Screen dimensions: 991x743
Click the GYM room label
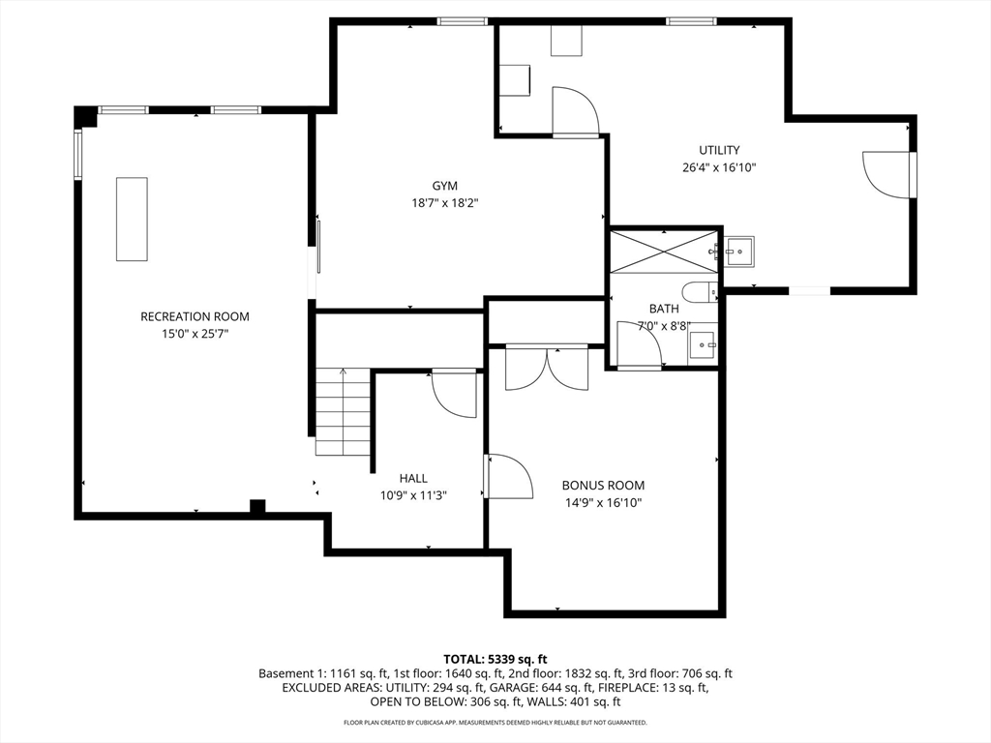tap(445, 186)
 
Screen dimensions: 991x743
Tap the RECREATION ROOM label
tap(195, 316)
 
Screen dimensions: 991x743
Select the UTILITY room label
tap(719, 150)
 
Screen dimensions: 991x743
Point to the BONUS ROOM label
tap(604, 486)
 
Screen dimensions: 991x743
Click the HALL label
tap(413, 478)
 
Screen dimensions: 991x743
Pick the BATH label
tap(664, 309)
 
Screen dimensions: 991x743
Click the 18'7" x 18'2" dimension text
tap(445, 203)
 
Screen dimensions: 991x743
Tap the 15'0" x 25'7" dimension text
tap(195, 334)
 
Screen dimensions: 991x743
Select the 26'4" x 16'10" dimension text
tap(719, 167)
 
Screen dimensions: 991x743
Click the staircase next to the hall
tap(344, 411)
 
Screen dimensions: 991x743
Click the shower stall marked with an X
tap(664, 252)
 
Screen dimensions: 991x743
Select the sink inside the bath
tap(703, 343)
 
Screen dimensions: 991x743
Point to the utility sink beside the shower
tap(738, 252)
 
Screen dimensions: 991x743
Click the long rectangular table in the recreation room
tap(132, 220)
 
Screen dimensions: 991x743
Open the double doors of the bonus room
tap(547, 368)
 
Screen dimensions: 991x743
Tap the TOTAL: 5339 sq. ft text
tap(495, 660)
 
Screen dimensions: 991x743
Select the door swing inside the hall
tap(454, 395)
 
